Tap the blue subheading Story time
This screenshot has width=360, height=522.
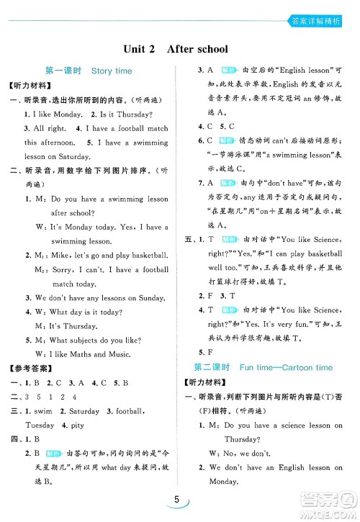click(x=112, y=71)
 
